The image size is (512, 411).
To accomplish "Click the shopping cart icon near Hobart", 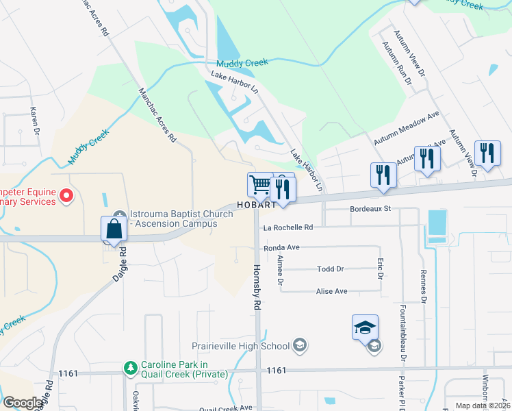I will point(259,184).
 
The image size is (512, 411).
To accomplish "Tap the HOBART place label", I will point(256,205).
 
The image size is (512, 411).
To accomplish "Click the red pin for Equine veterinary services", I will point(66,197).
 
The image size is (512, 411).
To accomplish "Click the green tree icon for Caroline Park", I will point(130,369).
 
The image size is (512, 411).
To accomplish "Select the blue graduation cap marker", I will point(365,327).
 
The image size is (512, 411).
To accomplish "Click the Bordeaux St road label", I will point(369,208).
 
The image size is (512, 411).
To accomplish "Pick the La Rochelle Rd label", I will point(287,227).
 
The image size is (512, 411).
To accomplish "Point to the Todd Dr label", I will point(330,269).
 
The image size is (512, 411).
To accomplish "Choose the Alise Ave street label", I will point(331,291).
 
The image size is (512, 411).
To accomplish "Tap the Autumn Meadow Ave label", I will point(406,129).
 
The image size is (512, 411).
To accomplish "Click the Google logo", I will point(23,403).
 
